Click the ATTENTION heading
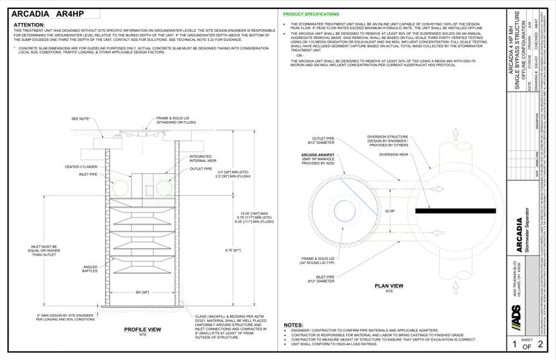(29, 24)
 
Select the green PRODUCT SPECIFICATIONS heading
(311, 13)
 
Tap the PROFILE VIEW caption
(143, 329)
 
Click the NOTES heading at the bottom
(295, 325)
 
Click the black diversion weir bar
(455, 210)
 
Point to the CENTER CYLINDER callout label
(81, 166)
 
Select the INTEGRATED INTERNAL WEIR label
(201, 158)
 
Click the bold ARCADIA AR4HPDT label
(320, 154)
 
